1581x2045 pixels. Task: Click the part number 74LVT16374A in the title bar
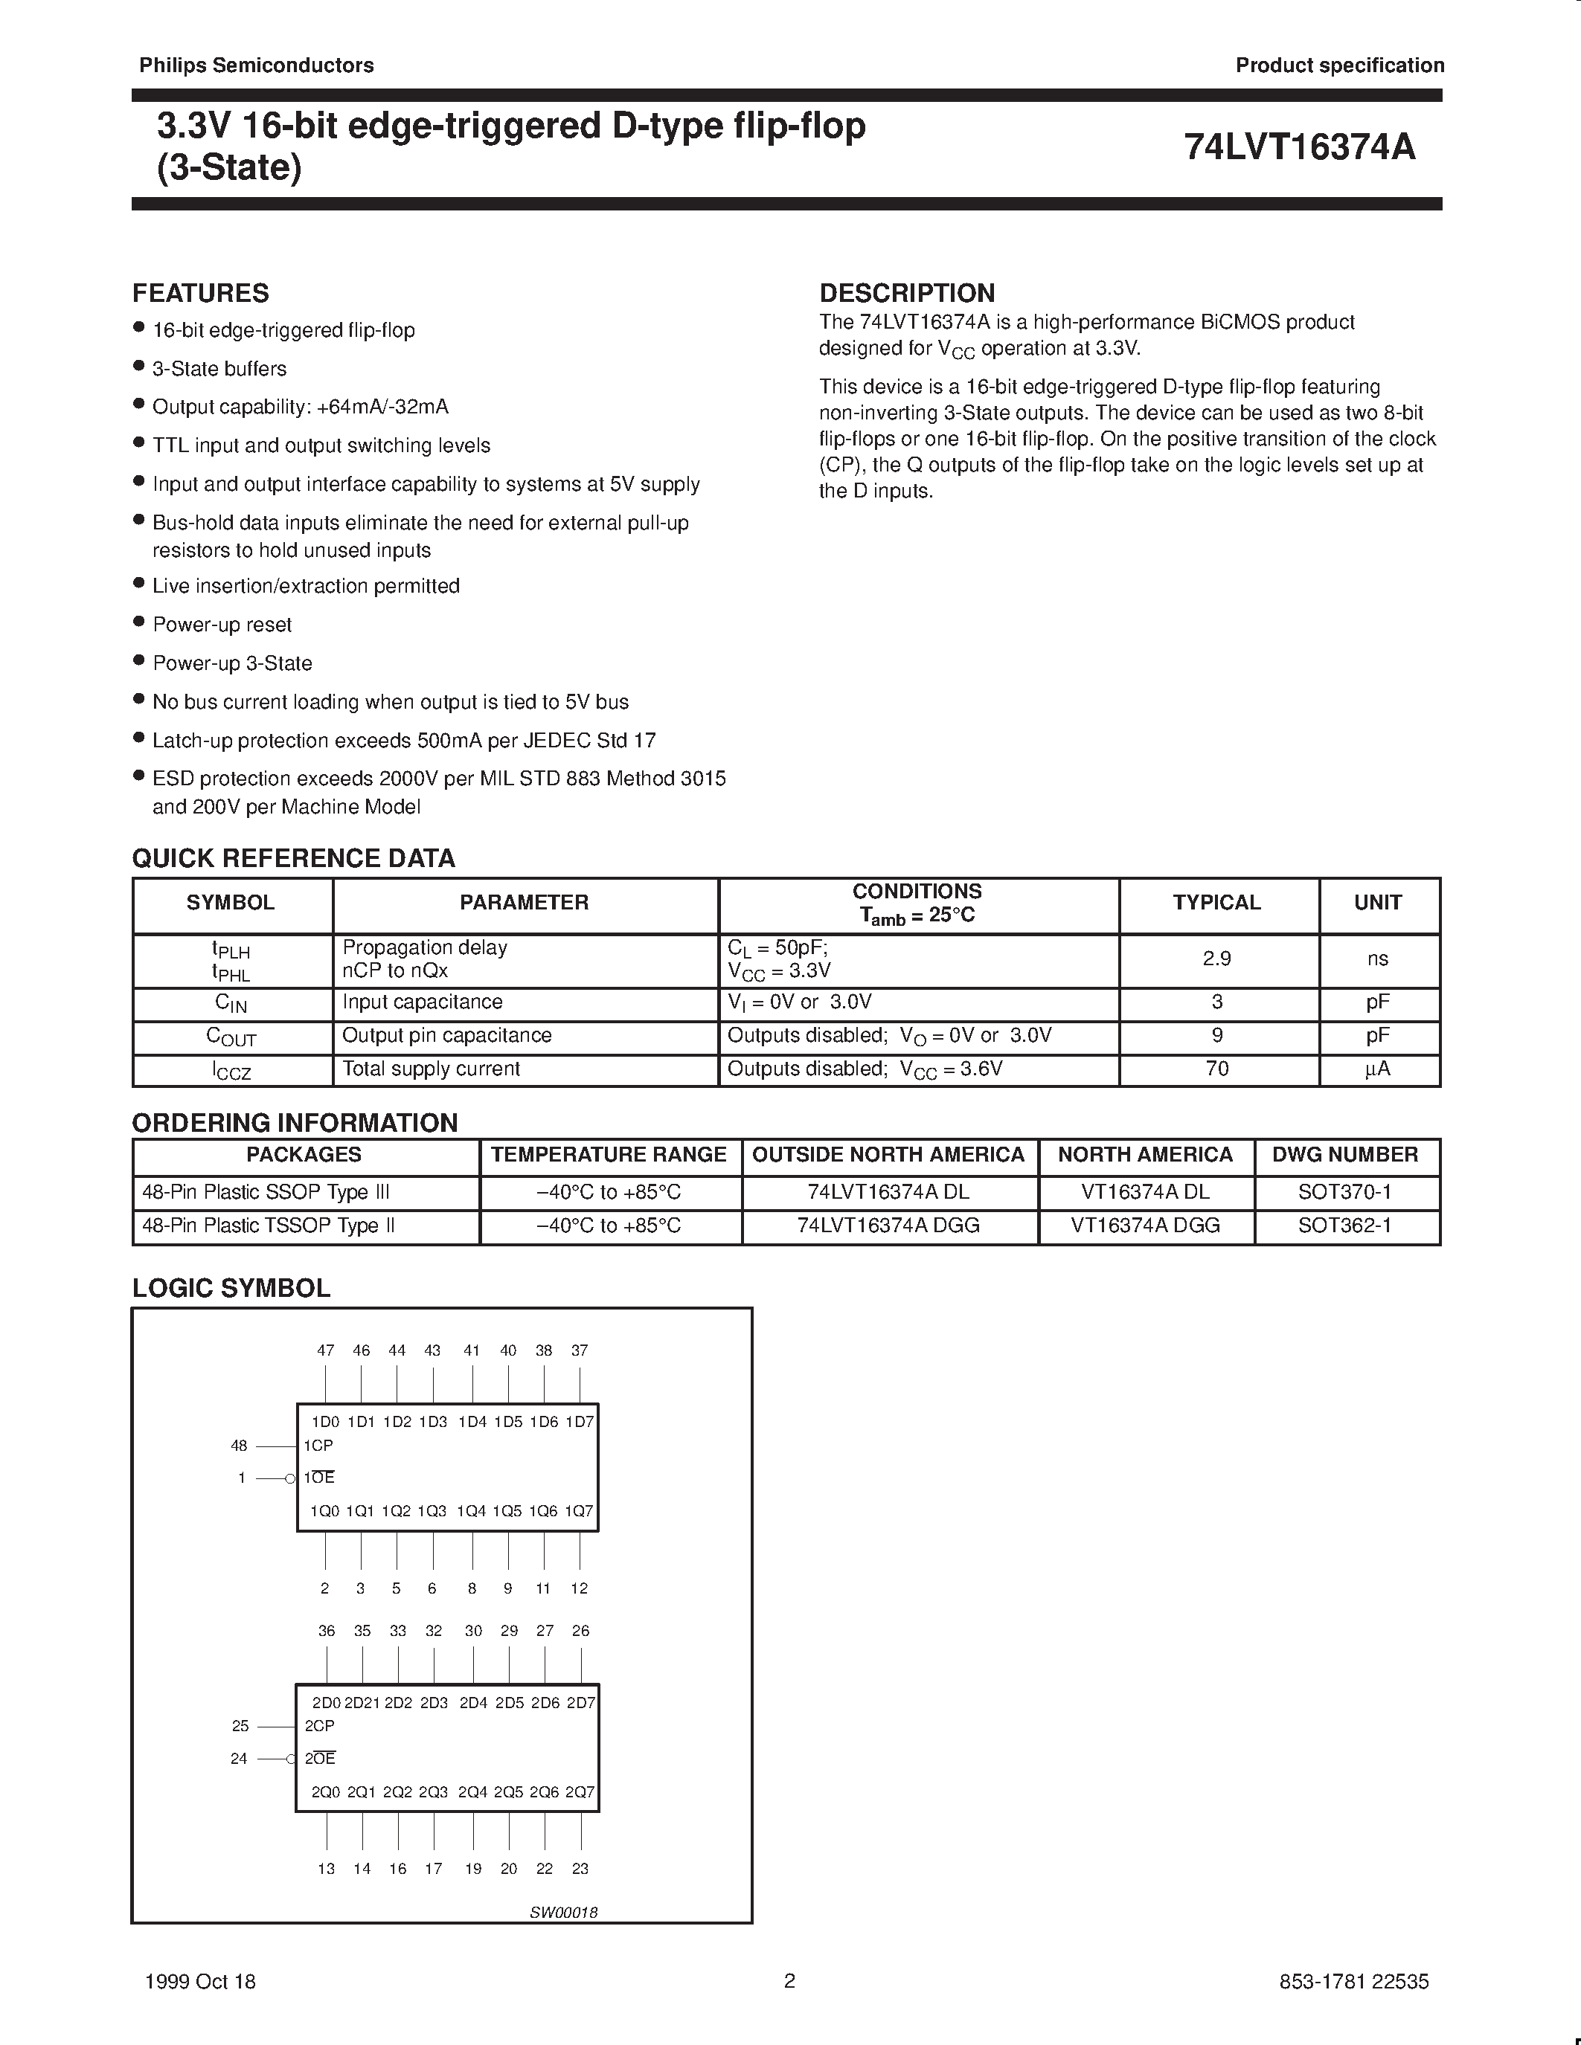(x=1299, y=147)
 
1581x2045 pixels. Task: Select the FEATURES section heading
(x=200, y=293)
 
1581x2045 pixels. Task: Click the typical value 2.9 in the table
(x=1216, y=959)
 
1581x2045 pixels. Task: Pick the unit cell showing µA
(x=1377, y=1069)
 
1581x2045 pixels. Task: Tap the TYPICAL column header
(x=1216, y=903)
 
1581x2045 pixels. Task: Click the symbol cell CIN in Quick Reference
(x=231, y=1003)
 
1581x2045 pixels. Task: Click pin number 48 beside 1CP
(x=239, y=1446)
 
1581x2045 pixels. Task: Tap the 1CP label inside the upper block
(x=318, y=1446)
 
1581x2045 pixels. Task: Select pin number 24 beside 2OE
(x=239, y=1759)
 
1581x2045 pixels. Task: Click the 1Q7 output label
(x=580, y=1511)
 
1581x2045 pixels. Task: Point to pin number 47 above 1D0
(x=325, y=1350)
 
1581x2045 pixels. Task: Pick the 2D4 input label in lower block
(x=473, y=1703)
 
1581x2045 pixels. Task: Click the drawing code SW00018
(x=563, y=1912)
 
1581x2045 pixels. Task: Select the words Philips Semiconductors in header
(x=257, y=65)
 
